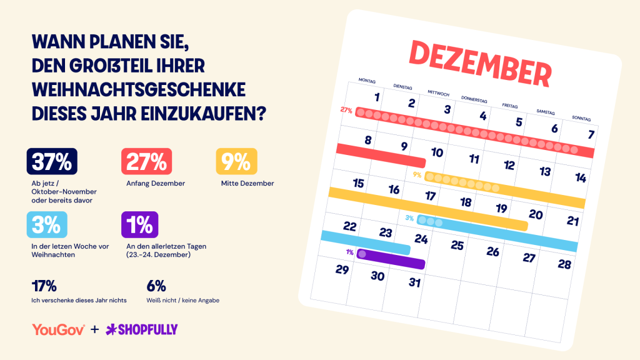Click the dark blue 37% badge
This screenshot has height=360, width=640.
[52, 161]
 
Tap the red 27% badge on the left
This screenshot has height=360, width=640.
[146, 161]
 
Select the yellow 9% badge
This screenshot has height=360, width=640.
[236, 161]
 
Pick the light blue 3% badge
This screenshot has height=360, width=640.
[47, 224]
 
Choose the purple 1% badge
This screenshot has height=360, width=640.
[139, 224]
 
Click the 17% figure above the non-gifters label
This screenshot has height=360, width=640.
[44, 286]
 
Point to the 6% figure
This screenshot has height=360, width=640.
[156, 286]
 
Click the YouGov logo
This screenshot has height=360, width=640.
[58, 329]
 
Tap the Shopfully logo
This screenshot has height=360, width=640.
[142, 329]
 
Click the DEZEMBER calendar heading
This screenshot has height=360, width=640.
[481, 63]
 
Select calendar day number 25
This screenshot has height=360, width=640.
[457, 245]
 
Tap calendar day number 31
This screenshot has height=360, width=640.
[415, 282]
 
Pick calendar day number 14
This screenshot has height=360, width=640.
[581, 177]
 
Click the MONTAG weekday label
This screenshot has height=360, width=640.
[367, 81]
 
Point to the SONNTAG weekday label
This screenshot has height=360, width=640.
[581, 118]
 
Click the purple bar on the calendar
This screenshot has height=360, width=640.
[391, 259]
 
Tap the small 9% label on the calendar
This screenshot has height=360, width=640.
[417, 175]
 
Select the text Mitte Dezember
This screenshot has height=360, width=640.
[247, 183]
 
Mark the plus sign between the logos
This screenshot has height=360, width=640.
[95, 329]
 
